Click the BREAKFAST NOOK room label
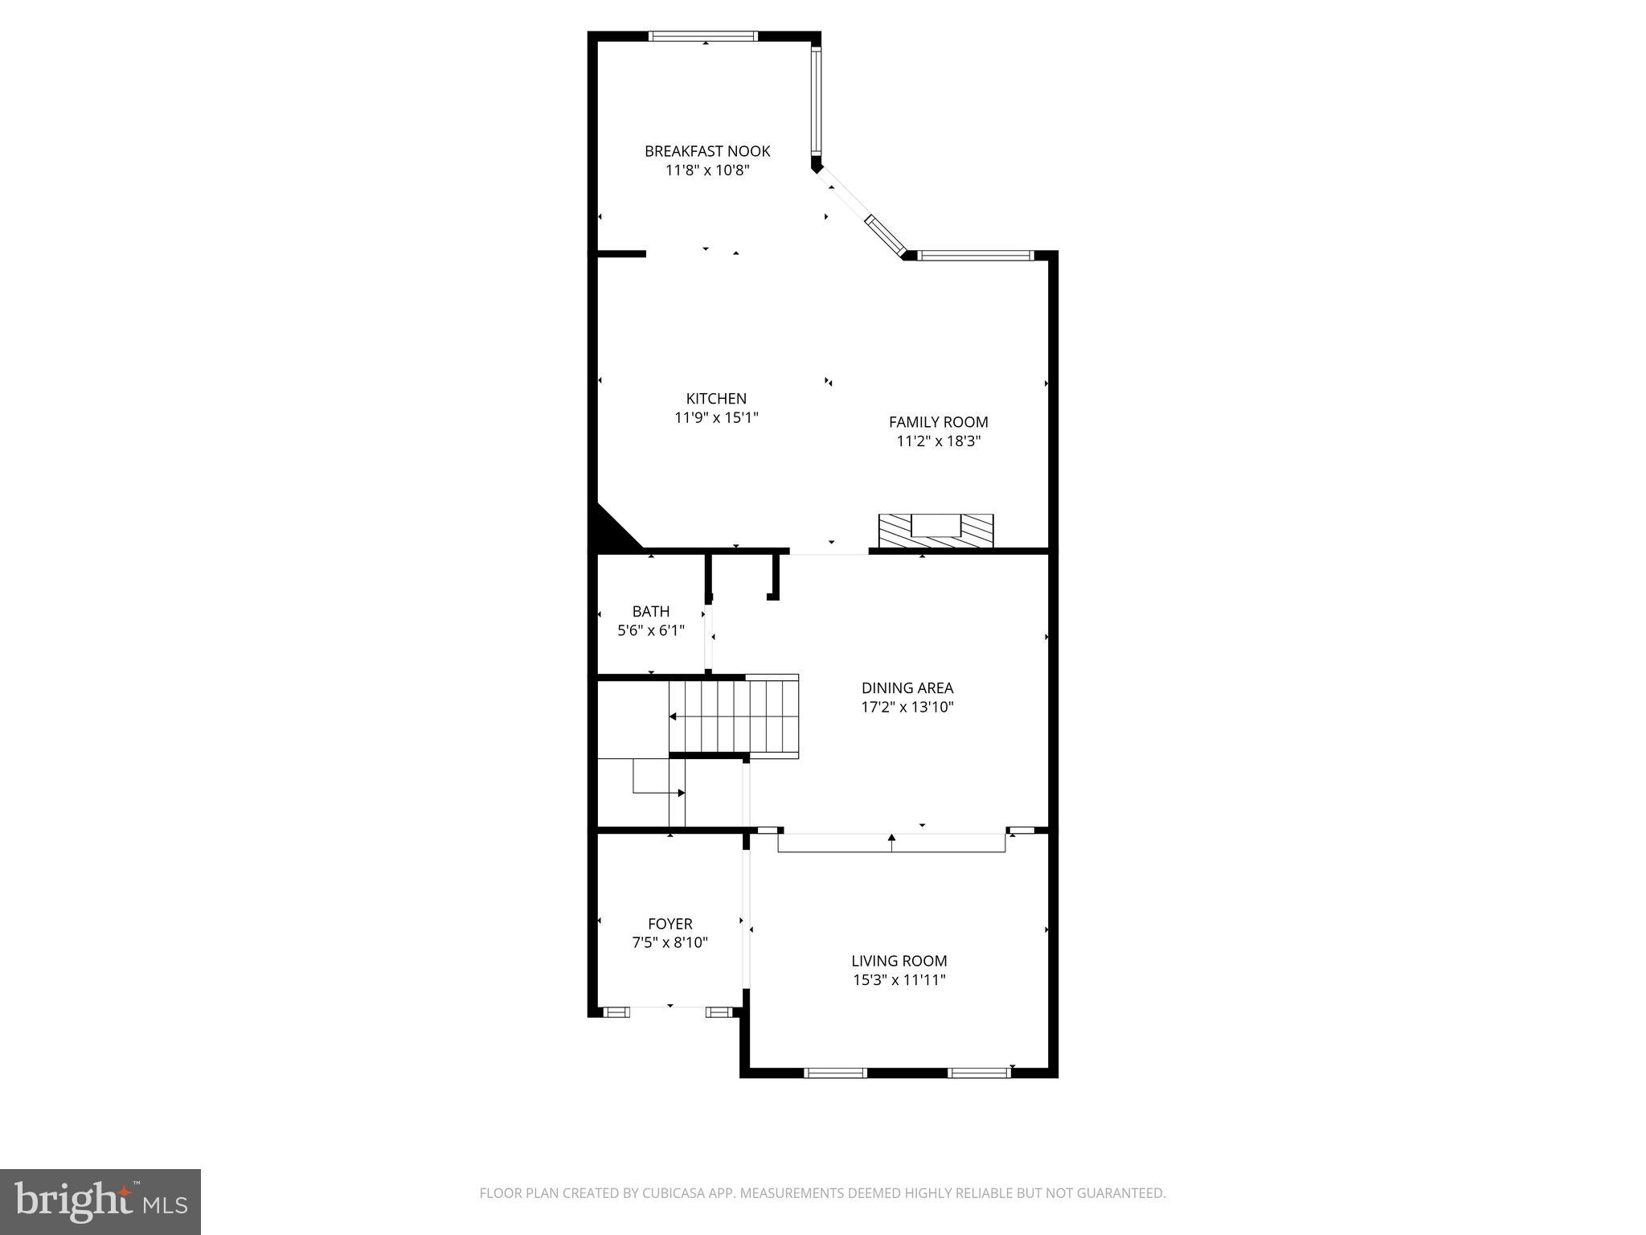coord(707,151)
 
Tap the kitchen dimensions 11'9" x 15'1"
coord(716,417)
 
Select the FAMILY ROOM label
coord(938,422)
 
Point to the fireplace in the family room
coord(936,531)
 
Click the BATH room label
coord(650,611)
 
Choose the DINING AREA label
coord(907,688)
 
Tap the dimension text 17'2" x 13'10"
coord(907,708)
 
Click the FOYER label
coord(669,924)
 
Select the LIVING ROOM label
coord(899,961)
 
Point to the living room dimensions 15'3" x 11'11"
coord(899,980)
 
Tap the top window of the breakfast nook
coord(703,36)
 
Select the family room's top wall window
coord(975,256)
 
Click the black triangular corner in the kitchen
coord(610,531)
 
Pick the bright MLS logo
coord(100,1201)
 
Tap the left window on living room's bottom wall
coord(835,1072)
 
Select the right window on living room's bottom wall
coord(979,1072)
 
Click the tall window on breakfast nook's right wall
coord(816,101)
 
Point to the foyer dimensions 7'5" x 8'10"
coord(669,943)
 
